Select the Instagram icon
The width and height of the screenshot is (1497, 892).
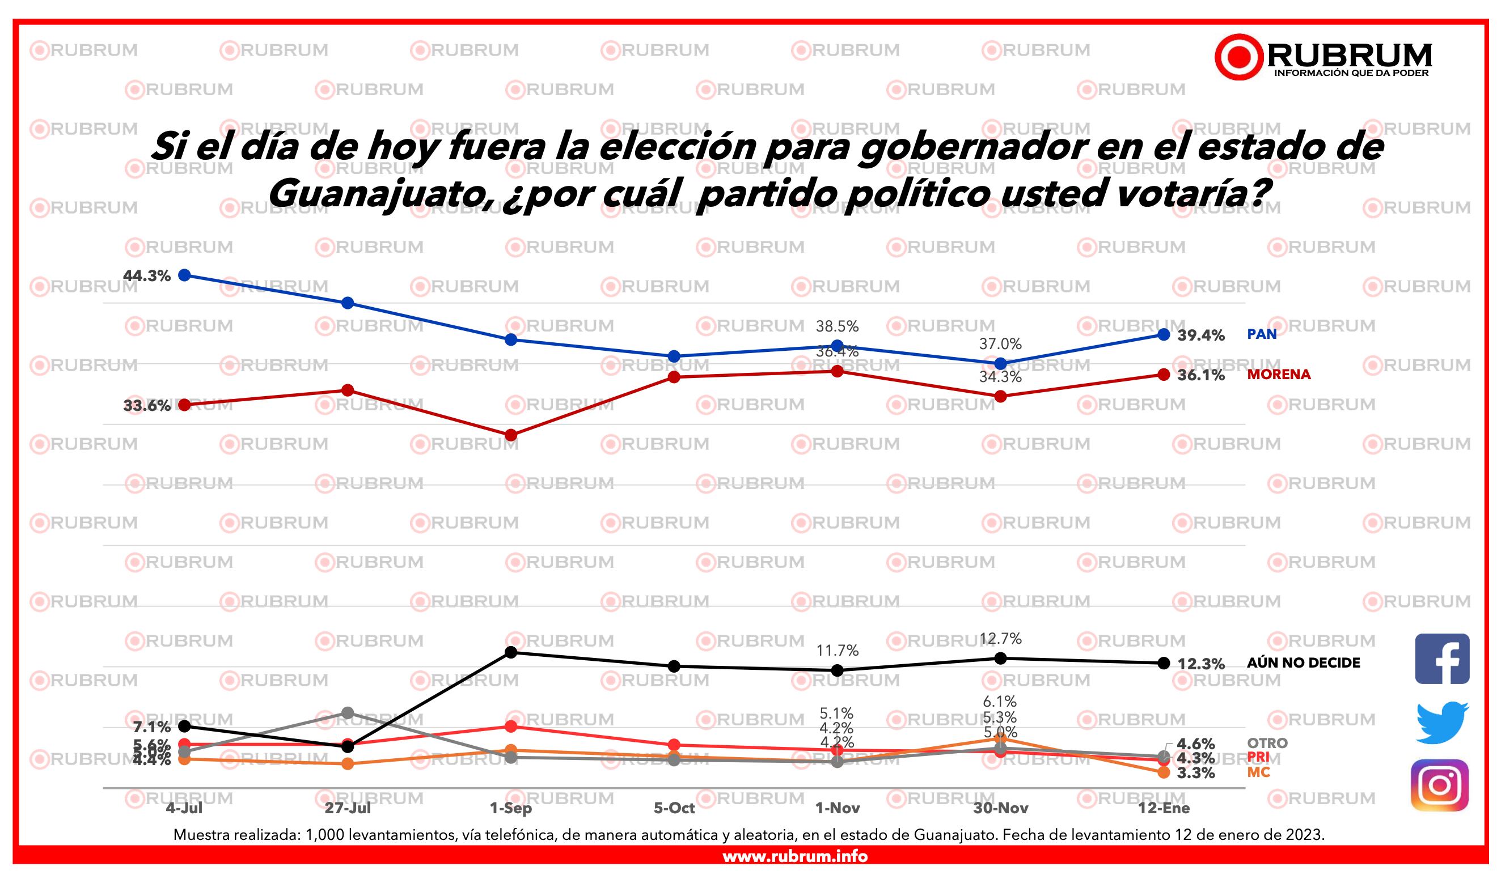pos(1440,785)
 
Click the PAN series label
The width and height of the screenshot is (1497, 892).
pos(1261,334)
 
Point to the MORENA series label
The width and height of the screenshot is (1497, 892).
pos(1278,375)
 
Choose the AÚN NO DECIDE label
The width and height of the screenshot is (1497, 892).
pos(1303,663)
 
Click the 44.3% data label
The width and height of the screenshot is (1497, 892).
pos(147,276)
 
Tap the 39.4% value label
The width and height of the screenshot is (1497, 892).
pos(1200,335)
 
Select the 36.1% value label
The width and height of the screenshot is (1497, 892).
pos(1200,375)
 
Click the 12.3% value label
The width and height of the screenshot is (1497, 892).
pos(1200,664)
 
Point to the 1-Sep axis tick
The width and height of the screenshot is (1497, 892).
pos(511,808)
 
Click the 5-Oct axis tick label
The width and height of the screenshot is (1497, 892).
pos(674,808)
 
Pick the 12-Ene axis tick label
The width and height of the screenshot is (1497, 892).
pos(1163,808)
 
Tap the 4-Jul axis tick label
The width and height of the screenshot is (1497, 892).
pos(184,808)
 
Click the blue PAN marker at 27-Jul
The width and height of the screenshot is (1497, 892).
pos(348,303)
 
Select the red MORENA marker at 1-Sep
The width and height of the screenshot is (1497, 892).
pos(511,435)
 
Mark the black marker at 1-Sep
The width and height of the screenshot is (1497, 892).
pos(511,652)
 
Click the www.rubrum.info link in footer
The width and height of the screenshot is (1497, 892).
pos(794,856)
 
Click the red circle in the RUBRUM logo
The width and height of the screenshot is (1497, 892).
pos(1238,57)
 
